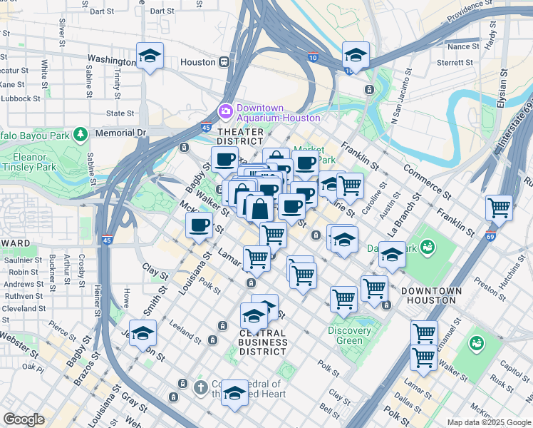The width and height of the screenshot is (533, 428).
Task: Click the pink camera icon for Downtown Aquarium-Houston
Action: pos(226,110)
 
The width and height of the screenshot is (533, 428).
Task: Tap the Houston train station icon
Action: pos(224,62)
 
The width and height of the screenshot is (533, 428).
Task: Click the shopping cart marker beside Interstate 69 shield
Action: pos(500,208)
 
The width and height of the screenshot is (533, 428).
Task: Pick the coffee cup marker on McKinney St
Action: pos(199,225)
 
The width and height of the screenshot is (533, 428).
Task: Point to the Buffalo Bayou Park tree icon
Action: pos(81,133)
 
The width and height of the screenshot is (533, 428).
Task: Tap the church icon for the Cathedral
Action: pos(202,387)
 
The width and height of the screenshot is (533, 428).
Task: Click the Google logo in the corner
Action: pos(23,419)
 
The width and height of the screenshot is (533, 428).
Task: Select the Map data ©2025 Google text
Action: pos(488,422)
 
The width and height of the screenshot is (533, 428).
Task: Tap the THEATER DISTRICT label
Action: pos(240,137)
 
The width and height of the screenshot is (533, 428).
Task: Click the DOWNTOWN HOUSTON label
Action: pos(431,295)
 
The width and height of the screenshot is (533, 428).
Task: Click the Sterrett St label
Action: pos(460,63)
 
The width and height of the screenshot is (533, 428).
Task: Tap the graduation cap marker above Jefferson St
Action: pos(143,334)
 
